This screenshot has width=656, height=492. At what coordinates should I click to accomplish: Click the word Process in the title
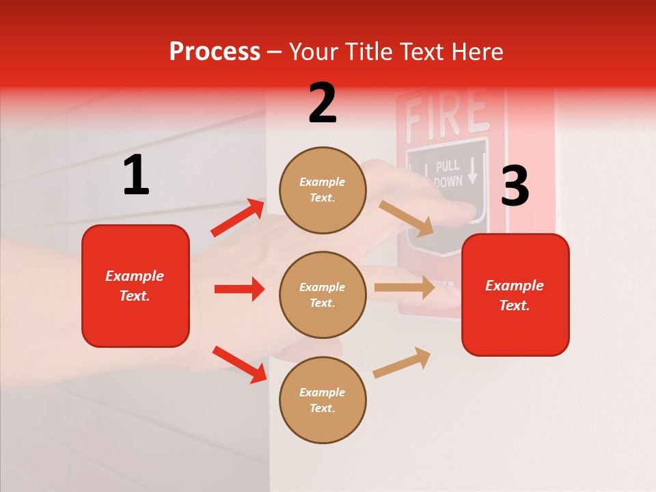click(x=215, y=52)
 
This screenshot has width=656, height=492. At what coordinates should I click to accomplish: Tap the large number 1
click(x=136, y=175)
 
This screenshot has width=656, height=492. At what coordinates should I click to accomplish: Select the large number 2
click(x=323, y=103)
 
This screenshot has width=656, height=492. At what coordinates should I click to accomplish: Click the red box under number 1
click(x=135, y=286)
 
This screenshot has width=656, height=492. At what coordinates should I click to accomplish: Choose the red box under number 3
click(x=515, y=295)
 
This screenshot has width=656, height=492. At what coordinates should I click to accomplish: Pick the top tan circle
click(x=323, y=190)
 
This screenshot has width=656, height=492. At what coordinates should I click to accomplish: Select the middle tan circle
click(x=323, y=295)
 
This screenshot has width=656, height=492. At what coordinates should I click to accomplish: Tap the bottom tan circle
click(x=323, y=400)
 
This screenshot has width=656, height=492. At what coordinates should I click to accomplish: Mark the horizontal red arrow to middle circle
click(x=239, y=289)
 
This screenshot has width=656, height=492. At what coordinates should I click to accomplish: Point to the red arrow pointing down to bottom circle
click(x=240, y=364)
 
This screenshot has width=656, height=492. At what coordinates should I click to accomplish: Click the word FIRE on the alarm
click(x=446, y=115)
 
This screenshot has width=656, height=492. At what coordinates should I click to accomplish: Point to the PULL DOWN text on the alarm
click(x=448, y=174)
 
